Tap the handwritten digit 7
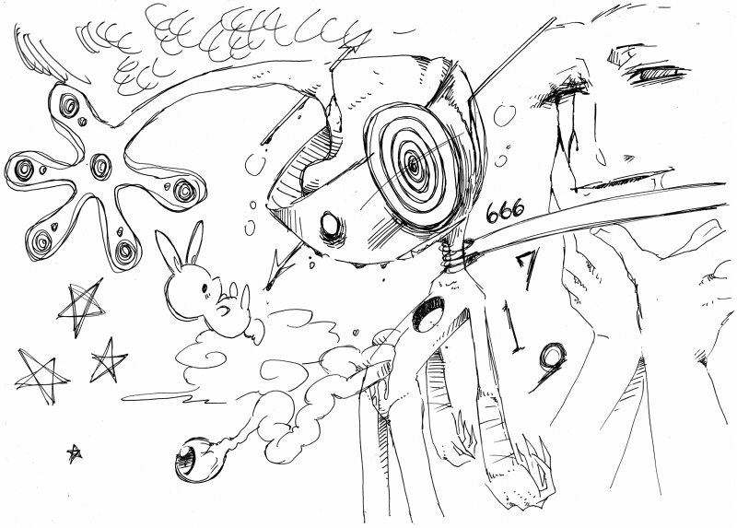coord(527,267)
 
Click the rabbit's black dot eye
coord(205,287)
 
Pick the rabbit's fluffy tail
coord(254,328)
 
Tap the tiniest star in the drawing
coord(74,453)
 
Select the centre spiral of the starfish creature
coord(99,165)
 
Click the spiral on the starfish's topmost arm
coord(70,105)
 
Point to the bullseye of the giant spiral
coord(413,164)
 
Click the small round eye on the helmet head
coord(331,225)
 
